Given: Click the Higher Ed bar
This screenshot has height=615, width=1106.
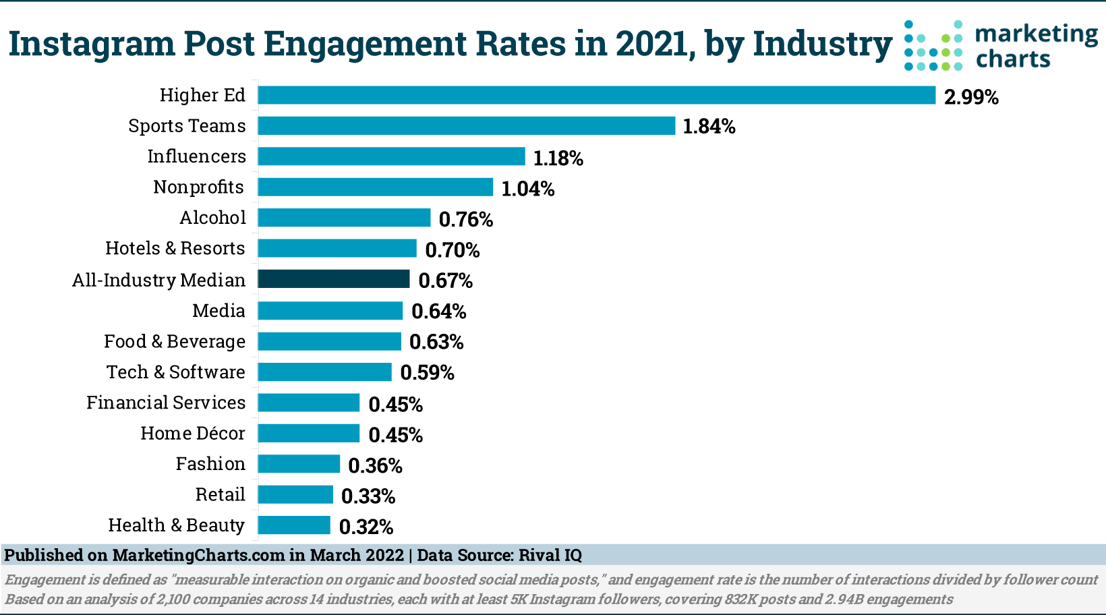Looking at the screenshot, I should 596,95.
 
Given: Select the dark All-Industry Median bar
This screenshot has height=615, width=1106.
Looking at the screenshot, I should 334,279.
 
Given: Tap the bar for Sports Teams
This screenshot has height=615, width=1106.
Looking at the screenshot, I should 466,125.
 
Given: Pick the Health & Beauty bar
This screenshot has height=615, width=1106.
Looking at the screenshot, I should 294,525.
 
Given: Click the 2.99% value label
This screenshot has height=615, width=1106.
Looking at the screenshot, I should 971,97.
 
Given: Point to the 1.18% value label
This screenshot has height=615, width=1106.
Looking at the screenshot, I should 558,158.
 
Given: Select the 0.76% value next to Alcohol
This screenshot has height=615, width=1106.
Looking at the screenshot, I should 466,220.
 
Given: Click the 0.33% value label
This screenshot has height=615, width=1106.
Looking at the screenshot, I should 368,496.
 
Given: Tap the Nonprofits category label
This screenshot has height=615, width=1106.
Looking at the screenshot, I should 198,187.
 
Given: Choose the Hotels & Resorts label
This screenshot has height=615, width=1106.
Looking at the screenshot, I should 175,248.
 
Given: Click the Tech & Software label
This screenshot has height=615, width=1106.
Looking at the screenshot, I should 176,372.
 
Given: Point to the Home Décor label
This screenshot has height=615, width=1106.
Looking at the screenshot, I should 193,434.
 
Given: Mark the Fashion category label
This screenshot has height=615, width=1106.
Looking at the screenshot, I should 210,464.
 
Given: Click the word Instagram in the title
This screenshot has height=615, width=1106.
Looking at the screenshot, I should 92,45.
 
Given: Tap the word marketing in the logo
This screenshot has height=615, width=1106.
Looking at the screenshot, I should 1037,34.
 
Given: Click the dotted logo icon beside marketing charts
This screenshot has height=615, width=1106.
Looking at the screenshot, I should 933,46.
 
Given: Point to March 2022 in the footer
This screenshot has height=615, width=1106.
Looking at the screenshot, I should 356,556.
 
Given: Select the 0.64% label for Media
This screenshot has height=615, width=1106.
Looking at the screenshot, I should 438,312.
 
